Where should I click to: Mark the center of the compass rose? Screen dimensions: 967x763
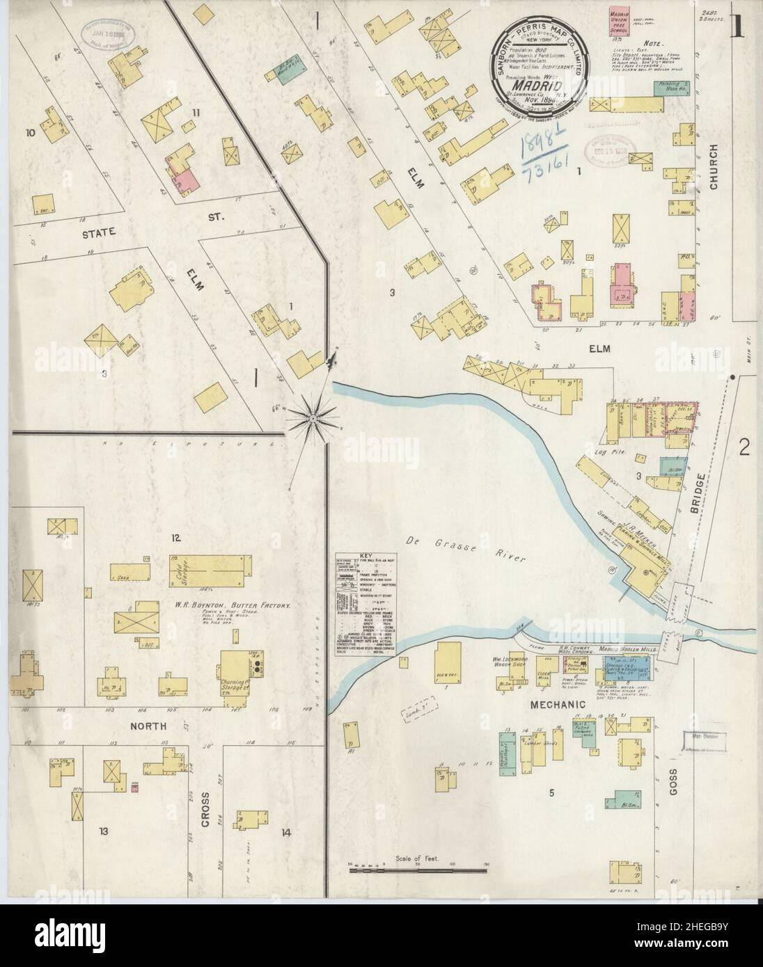coord(313,418)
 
